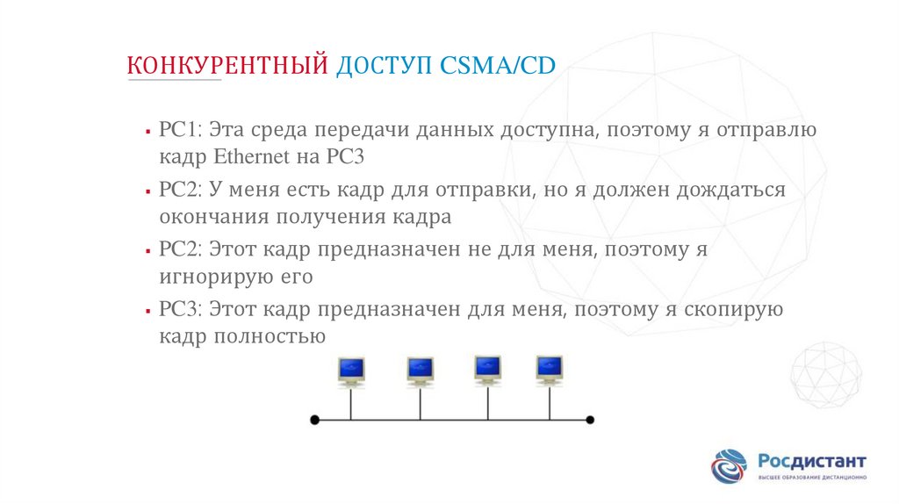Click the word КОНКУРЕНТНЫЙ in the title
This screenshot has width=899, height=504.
[227, 65]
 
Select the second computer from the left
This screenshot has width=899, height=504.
[420, 370]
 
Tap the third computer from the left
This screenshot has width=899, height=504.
[487, 368]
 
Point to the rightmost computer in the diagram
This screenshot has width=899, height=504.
[550, 368]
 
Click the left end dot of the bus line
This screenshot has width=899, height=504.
[315, 420]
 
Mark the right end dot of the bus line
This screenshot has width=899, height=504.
[590, 420]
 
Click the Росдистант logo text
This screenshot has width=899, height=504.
[811, 461]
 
